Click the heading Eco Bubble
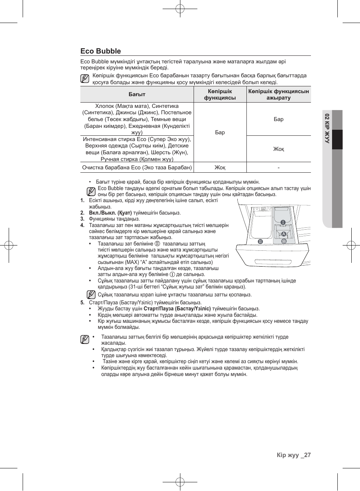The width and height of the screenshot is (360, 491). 101,51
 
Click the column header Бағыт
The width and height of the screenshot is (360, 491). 137,94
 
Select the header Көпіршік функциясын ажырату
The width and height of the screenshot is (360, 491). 278,94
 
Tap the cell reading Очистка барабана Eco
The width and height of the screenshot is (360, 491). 137,167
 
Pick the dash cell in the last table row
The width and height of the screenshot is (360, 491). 278,167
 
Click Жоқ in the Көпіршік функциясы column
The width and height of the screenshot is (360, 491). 220,167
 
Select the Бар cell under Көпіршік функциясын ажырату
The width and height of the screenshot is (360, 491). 278,119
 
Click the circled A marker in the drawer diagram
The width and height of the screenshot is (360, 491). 284,234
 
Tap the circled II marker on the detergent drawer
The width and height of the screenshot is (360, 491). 260,241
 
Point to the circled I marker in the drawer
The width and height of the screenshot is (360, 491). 283,222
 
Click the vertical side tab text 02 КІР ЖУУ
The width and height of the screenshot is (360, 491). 327,128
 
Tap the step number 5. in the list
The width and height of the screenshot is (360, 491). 82,302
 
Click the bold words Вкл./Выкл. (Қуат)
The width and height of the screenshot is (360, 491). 110,213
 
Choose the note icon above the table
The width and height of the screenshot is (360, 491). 85,78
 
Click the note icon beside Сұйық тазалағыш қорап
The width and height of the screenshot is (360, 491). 91,295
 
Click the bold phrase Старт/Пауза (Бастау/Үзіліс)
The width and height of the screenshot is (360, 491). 177,308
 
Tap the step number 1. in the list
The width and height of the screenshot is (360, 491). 82,201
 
